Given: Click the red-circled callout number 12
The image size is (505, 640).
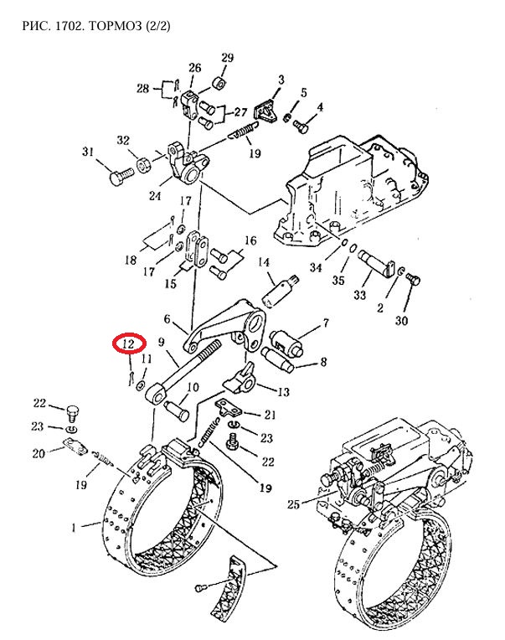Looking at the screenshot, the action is point(129,344).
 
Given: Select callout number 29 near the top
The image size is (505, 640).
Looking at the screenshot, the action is point(227,58).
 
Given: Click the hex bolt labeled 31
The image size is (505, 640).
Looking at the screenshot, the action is point(122,176).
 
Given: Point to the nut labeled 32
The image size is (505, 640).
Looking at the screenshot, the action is point(144,165).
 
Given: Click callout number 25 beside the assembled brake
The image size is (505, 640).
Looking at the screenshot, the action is point(293,504).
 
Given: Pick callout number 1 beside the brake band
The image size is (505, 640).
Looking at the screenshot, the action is point(74,528).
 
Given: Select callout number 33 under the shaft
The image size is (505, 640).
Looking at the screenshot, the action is point(359,295).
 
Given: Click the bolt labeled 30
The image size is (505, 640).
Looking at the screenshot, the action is point(414,280).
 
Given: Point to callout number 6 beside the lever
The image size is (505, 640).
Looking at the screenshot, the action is point(167,318).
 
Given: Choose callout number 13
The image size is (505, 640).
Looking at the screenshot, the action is point(283,392).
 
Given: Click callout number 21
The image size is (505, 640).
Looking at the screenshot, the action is point(270,415).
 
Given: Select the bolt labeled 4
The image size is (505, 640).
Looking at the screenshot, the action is point(301,126).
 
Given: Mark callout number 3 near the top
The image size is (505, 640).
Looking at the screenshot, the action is point(281,80).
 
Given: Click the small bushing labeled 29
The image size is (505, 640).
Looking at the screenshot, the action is point(219,83).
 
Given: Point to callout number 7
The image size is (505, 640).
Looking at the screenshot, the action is point(326,323).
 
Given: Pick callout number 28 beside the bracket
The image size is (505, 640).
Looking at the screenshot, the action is point(142,88).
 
